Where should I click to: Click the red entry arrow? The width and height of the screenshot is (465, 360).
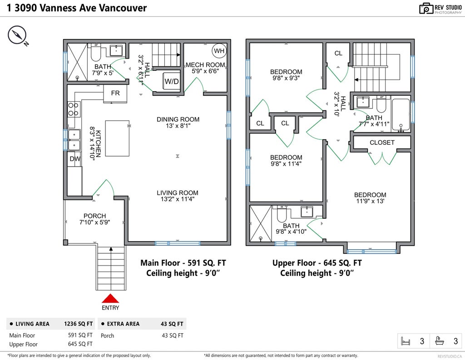(110, 298)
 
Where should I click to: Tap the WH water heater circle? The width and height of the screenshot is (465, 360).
(219, 51)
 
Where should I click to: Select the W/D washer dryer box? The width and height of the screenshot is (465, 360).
(171, 82)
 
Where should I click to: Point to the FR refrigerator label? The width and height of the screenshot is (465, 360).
(115, 93)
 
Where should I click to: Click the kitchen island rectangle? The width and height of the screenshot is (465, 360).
(117, 138)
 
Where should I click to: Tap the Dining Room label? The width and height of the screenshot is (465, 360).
(178, 119)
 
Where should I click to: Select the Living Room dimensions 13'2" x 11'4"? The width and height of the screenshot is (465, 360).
(178, 199)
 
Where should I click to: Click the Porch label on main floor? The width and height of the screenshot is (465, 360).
(95, 216)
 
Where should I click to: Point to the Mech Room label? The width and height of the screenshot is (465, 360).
(205, 65)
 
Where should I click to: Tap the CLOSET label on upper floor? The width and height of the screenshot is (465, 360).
(382, 143)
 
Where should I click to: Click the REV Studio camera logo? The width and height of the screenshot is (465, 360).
(426, 8)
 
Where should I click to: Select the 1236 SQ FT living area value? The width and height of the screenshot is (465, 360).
(79, 324)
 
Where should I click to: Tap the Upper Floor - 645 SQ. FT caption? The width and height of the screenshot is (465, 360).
(317, 263)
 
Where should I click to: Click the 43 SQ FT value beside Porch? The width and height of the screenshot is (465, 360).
(172, 335)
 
